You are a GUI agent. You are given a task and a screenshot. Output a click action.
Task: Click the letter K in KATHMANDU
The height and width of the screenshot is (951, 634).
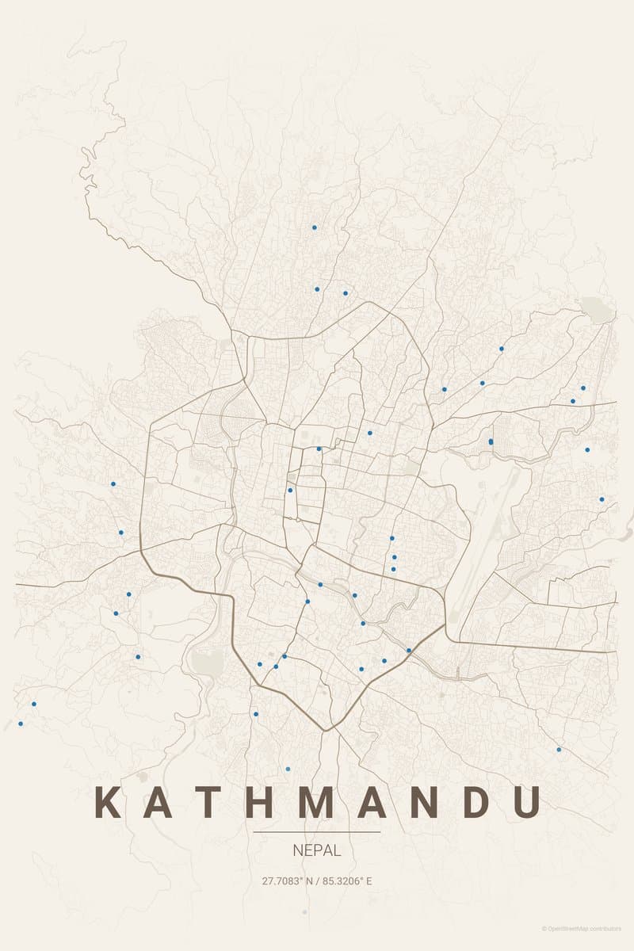pos(107,802)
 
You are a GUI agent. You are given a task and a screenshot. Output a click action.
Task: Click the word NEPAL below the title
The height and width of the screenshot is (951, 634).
pos(317,850)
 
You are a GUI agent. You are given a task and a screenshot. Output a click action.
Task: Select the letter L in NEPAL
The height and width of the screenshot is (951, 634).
pos(337,850)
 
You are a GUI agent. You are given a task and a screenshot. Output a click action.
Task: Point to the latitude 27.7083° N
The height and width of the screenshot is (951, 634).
pos(288,880)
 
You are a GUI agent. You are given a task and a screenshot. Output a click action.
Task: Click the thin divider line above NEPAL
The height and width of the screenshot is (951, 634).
pos(317,832)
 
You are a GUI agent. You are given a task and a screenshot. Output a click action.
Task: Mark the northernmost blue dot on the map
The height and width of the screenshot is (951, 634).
pos(315,227)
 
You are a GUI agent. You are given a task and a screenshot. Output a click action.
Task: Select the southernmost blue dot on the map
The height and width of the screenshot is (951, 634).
pos(288,769)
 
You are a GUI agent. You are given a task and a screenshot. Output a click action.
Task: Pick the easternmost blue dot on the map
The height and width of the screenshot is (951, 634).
pos(602,499)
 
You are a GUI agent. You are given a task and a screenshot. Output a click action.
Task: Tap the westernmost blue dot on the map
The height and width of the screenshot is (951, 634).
pos(21,724)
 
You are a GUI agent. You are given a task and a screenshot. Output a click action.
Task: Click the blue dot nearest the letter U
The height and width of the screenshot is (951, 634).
pos(559,750)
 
